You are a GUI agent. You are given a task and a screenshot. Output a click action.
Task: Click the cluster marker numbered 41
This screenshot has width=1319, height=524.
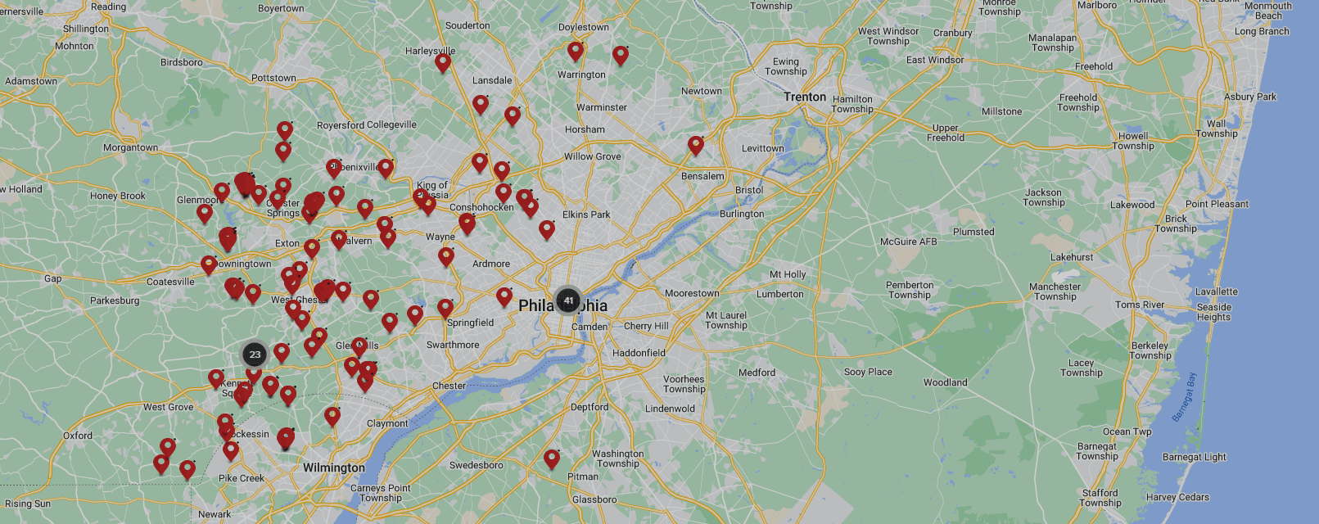[x=568, y=300]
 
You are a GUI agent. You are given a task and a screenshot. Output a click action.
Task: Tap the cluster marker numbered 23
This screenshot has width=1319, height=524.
[x=255, y=355]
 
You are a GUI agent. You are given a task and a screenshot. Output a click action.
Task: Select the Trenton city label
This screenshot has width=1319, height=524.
[x=804, y=97]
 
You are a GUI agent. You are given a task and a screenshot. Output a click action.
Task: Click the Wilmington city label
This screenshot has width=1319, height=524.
[x=334, y=468]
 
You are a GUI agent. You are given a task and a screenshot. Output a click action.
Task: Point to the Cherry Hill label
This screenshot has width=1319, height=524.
[x=646, y=326]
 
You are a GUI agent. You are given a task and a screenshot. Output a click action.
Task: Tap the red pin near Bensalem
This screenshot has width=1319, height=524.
[x=696, y=146]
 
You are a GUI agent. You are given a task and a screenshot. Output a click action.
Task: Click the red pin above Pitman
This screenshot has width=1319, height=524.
[x=552, y=458]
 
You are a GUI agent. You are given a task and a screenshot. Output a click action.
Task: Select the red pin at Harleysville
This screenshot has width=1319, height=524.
[x=443, y=62]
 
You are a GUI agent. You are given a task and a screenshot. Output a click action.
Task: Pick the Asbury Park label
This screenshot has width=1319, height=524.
[x=1249, y=97]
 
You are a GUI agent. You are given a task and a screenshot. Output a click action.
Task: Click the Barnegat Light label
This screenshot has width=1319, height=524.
[x=1194, y=457]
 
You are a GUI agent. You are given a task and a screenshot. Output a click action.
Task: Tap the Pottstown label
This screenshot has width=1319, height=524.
[x=273, y=78]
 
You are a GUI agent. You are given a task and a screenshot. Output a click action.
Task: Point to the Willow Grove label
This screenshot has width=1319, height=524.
[x=592, y=156]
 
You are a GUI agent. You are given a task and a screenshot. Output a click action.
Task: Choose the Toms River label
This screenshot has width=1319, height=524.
[x=1139, y=305]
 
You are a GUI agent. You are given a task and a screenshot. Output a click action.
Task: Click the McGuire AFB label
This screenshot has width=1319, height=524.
[x=908, y=242]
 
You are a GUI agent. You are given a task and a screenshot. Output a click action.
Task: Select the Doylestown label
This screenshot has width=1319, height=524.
[x=583, y=27]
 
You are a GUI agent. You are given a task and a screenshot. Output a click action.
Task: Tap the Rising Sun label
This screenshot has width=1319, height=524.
[x=28, y=504]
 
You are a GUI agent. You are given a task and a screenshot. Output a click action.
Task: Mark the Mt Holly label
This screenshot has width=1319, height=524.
[x=787, y=274]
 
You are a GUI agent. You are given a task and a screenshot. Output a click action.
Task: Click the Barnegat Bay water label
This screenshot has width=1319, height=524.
[x=1184, y=397]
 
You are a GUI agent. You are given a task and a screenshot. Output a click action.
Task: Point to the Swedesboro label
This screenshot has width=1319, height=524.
[x=476, y=465]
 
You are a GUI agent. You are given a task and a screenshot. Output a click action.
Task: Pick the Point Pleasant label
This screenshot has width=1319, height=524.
[x=1217, y=204]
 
